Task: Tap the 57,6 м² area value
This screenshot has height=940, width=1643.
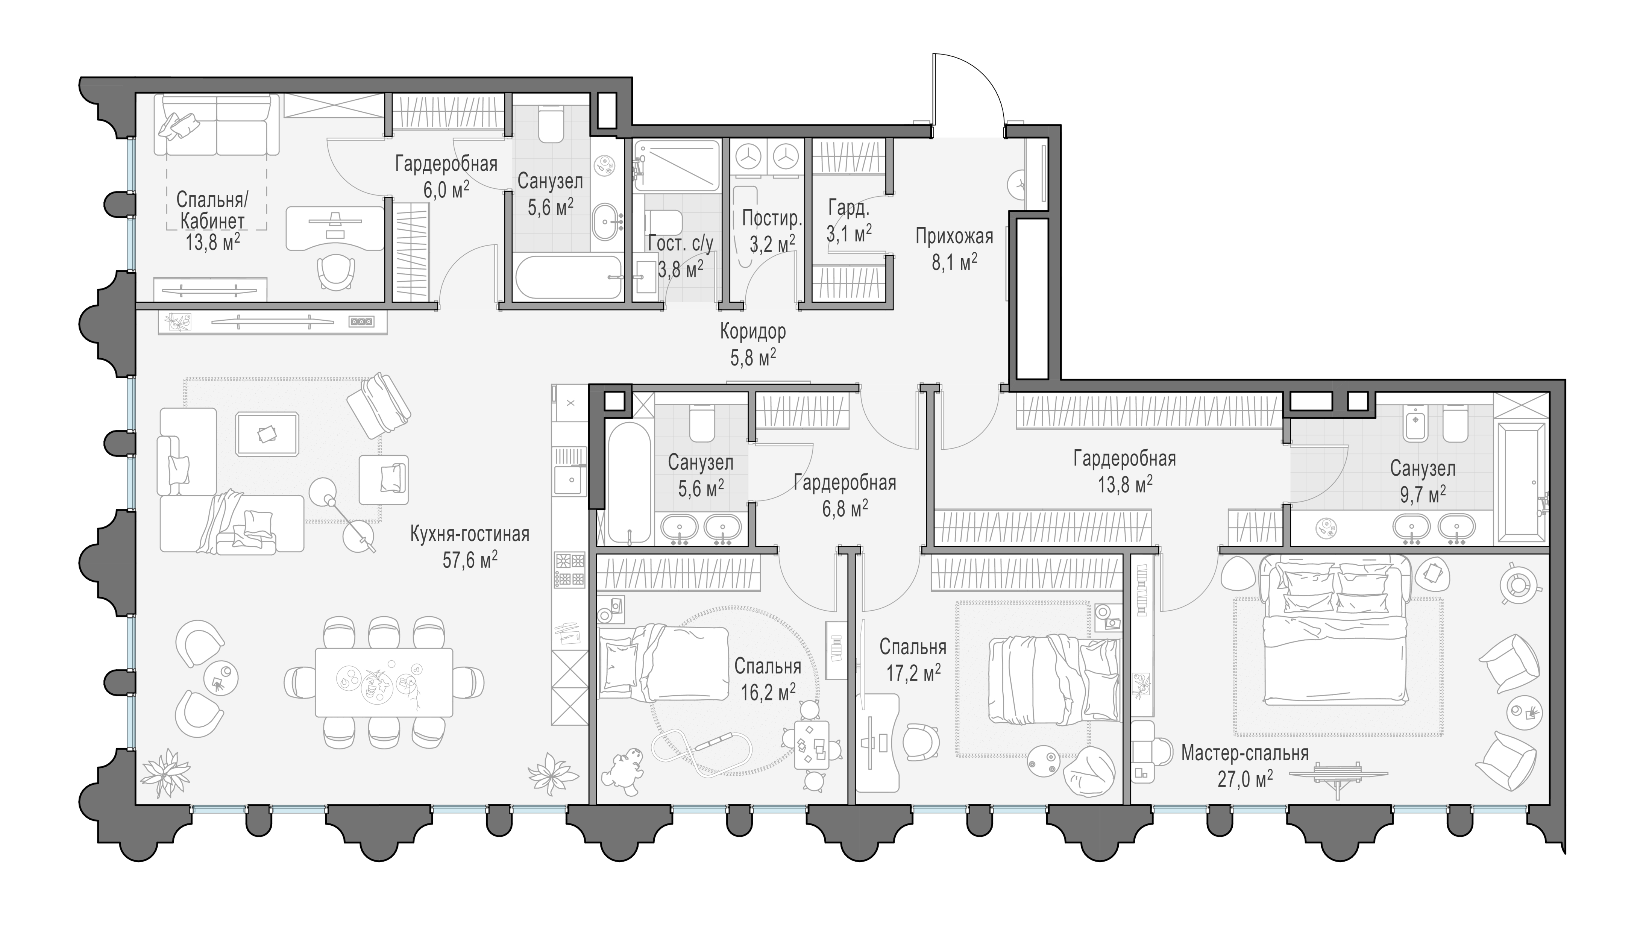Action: [x=469, y=560]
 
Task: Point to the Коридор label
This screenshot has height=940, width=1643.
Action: [x=753, y=332]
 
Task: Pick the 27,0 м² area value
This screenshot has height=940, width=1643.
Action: [x=1245, y=779]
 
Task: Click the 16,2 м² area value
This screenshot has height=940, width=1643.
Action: [x=768, y=693]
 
